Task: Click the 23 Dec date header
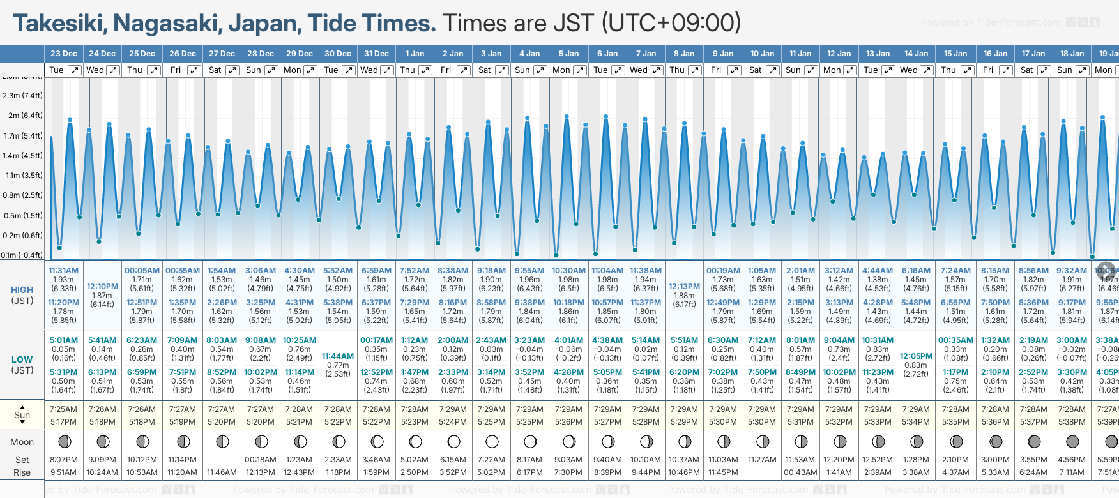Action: (x=64, y=54)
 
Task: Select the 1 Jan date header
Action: (x=415, y=54)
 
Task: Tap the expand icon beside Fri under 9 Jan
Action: (x=734, y=70)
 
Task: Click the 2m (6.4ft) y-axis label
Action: (x=23, y=116)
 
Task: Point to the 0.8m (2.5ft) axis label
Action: (x=23, y=195)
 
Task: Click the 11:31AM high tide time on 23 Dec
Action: (x=63, y=271)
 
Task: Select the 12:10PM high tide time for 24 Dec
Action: (x=102, y=287)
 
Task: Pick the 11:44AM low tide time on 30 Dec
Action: (x=338, y=356)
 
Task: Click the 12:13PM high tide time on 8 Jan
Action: (x=684, y=287)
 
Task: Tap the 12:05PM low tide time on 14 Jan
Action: (x=916, y=356)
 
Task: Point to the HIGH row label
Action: (x=22, y=290)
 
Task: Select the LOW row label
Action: (x=22, y=359)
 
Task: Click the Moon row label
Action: (x=22, y=442)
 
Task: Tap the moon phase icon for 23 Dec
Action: (x=64, y=441)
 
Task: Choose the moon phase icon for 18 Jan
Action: (x=1072, y=441)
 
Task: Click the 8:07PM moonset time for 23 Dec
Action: (x=64, y=460)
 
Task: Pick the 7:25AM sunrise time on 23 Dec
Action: (x=63, y=409)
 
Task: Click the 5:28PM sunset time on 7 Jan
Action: (x=646, y=422)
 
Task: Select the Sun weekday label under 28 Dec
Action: (x=254, y=70)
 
